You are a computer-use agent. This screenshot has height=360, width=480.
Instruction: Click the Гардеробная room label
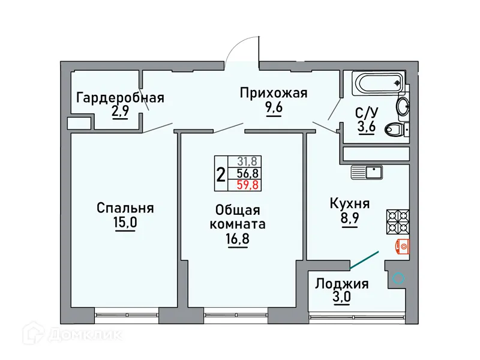(120, 98)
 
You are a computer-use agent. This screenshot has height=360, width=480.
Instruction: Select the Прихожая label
(274, 93)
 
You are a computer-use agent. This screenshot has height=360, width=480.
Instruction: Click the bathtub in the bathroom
(378, 82)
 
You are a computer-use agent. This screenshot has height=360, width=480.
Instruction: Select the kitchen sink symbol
(367, 172)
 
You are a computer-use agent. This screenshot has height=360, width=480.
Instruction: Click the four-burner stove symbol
(396, 220)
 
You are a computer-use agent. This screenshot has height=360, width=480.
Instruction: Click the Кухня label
(349, 204)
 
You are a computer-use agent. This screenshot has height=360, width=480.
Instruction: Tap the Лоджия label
(343, 284)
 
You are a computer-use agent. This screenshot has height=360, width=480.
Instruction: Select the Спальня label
(125, 208)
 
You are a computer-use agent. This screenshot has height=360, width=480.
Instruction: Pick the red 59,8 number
(247, 185)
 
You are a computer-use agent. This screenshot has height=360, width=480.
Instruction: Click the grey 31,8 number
(247, 161)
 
